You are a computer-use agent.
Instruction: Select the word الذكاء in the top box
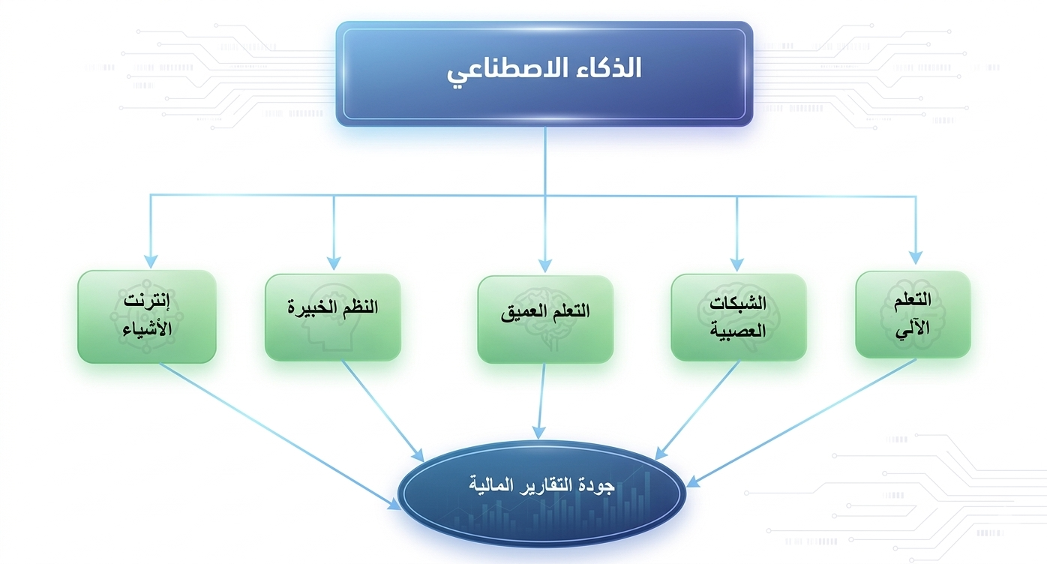pos(605,68)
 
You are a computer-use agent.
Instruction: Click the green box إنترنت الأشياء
pos(147,316)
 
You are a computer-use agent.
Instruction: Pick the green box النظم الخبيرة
pos(333,316)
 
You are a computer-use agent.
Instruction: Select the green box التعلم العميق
pos(545,319)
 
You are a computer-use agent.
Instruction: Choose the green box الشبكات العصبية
pos(738,316)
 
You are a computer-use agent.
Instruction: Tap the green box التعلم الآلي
pos(913,313)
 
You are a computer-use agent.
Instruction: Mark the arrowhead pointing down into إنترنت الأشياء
pos(151,260)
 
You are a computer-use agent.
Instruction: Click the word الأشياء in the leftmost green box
pos(147,329)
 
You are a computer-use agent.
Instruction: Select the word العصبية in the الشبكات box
pos(737,329)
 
